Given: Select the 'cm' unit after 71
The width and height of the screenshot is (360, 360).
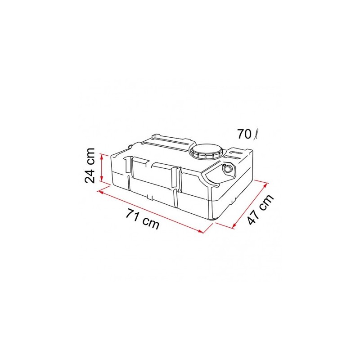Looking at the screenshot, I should [x=151, y=223].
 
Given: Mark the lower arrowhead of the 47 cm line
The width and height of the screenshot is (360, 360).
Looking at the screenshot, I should [x=235, y=226].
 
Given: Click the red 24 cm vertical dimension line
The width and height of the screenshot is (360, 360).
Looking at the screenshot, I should [x=103, y=167].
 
